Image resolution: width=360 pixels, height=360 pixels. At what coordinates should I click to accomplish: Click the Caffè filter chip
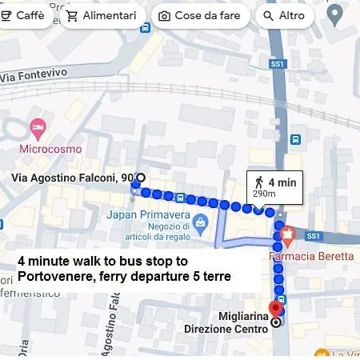[x=23, y=16]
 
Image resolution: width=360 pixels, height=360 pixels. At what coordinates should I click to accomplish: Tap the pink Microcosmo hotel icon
[x=37, y=127]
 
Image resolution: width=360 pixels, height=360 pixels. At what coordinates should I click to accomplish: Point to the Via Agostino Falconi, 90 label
[x=72, y=178]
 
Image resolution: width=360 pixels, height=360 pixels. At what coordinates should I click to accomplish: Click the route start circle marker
[x=141, y=178]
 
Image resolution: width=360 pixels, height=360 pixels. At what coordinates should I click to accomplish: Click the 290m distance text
[x=263, y=194]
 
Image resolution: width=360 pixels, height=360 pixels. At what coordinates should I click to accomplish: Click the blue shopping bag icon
[x=200, y=221]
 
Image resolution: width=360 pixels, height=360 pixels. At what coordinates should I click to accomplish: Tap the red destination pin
[x=276, y=308]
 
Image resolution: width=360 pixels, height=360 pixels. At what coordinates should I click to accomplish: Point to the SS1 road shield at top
[x=278, y=62]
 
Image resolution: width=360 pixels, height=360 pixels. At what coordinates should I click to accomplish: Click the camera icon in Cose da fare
[x=164, y=16]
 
